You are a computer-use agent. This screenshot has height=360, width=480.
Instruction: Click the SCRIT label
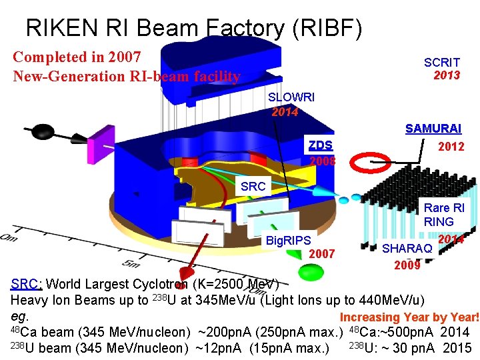pyautogui.click(x=441, y=62)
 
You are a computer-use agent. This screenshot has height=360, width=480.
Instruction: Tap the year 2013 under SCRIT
pyautogui.click(x=447, y=75)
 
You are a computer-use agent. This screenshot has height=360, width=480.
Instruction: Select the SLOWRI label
pyautogui.click(x=291, y=97)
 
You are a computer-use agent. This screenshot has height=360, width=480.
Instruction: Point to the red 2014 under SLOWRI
pyautogui.click(x=285, y=111)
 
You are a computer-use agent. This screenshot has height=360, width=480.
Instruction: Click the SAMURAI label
pyautogui.click(x=433, y=129)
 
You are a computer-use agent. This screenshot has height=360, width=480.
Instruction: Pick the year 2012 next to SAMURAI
pyautogui.click(x=451, y=147)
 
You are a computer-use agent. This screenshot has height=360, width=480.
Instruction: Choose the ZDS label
pyautogui.click(x=320, y=145)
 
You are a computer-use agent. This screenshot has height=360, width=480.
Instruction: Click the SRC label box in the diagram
pyautogui.click(x=253, y=187)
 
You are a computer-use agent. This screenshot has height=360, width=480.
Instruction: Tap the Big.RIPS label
pyautogui.click(x=288, y=240)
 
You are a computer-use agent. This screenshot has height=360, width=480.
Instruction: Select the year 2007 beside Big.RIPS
pyautogui.click(x=323, y=253)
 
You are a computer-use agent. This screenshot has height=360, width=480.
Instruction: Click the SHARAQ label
pyautogui.click(x=407, y=249)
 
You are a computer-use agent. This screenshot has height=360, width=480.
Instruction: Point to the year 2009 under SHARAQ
pyautogui.click(x=407, y=265)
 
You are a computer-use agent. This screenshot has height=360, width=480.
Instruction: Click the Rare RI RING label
pyautogui.click(x=445, y=215)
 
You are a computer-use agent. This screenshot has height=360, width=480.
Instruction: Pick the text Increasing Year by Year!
pyautogui.click(x=409, y=318)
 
